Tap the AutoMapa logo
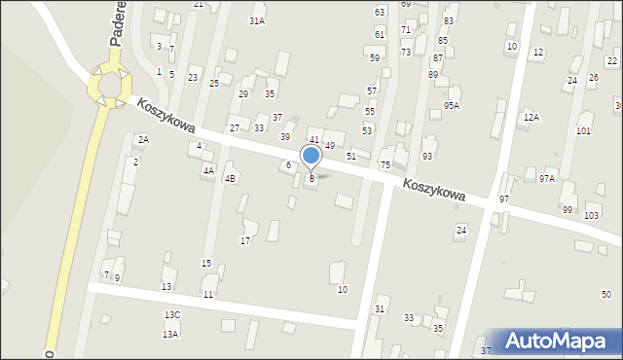[x=557, y=342]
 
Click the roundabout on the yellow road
[x=108, y=86]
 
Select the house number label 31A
[x=257, y=20]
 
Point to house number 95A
[x=452, y=105]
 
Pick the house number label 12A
[x=531, y=117]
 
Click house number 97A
[x=547, y=178]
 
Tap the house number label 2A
[x=143, y=140]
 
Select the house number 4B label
[x=230, y=179]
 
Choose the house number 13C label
[x=172, y=315]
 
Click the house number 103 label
[x=592, y=214]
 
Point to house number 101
[x=583, y=130]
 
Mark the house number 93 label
[x=427, y=157]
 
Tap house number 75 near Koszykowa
[x=385, y=165]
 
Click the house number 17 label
[x=245, y=240]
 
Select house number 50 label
[x=605, y=295]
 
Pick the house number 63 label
[x=380, y=12]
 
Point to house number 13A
[x=170, y=334]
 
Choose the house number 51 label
[x=350, y=156]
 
